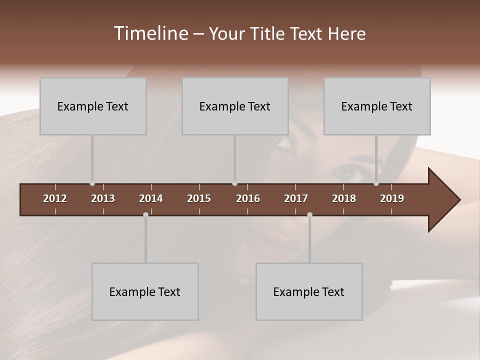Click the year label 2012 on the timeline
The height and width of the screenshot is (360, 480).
click(x=55, y=198)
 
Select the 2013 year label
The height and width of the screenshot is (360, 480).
click(x=103, y=198)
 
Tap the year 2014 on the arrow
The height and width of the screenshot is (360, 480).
click(x=151, y=198)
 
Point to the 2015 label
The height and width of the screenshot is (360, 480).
click(x=199, y=198)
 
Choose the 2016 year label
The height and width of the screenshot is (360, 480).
click(x=248, y=198)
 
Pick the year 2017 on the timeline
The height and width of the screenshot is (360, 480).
click(x=296, y=198)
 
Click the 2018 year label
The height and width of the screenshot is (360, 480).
click(x=344, y=198)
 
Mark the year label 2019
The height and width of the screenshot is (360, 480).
click(x=392, y=198)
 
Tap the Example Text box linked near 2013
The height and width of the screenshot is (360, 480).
click(x=93, y=106)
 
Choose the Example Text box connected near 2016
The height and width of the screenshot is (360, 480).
click(x=235, y=106)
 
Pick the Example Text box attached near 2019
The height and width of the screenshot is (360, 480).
click(x=377, y=106)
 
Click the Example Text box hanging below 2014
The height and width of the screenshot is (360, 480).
click(x=145, y=291)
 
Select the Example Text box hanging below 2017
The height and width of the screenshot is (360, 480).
click(x=309, y=291)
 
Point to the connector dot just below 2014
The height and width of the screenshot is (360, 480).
click(x=145, y=214)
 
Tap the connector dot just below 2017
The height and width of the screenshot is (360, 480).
click(x=309, y=214)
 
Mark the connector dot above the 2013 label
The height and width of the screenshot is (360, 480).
click(x=92, y=183)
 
